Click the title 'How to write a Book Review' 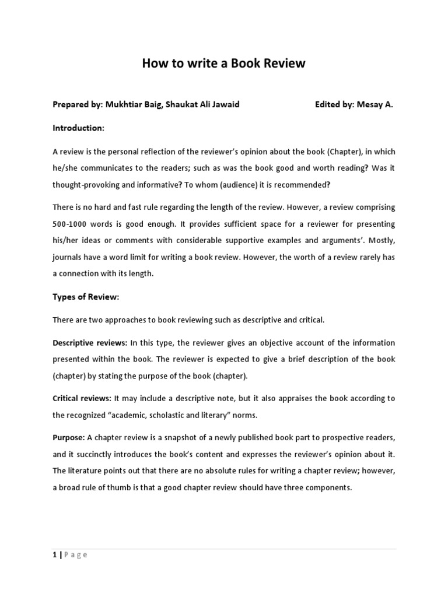tap(223, 64)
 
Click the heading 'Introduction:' tap(79, 128)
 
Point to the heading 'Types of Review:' tap(86, 297)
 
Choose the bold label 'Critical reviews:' tap(82, 398)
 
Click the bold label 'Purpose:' tap(69, 437)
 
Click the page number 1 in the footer tap(54, 555)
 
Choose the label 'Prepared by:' tap(78, 105)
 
